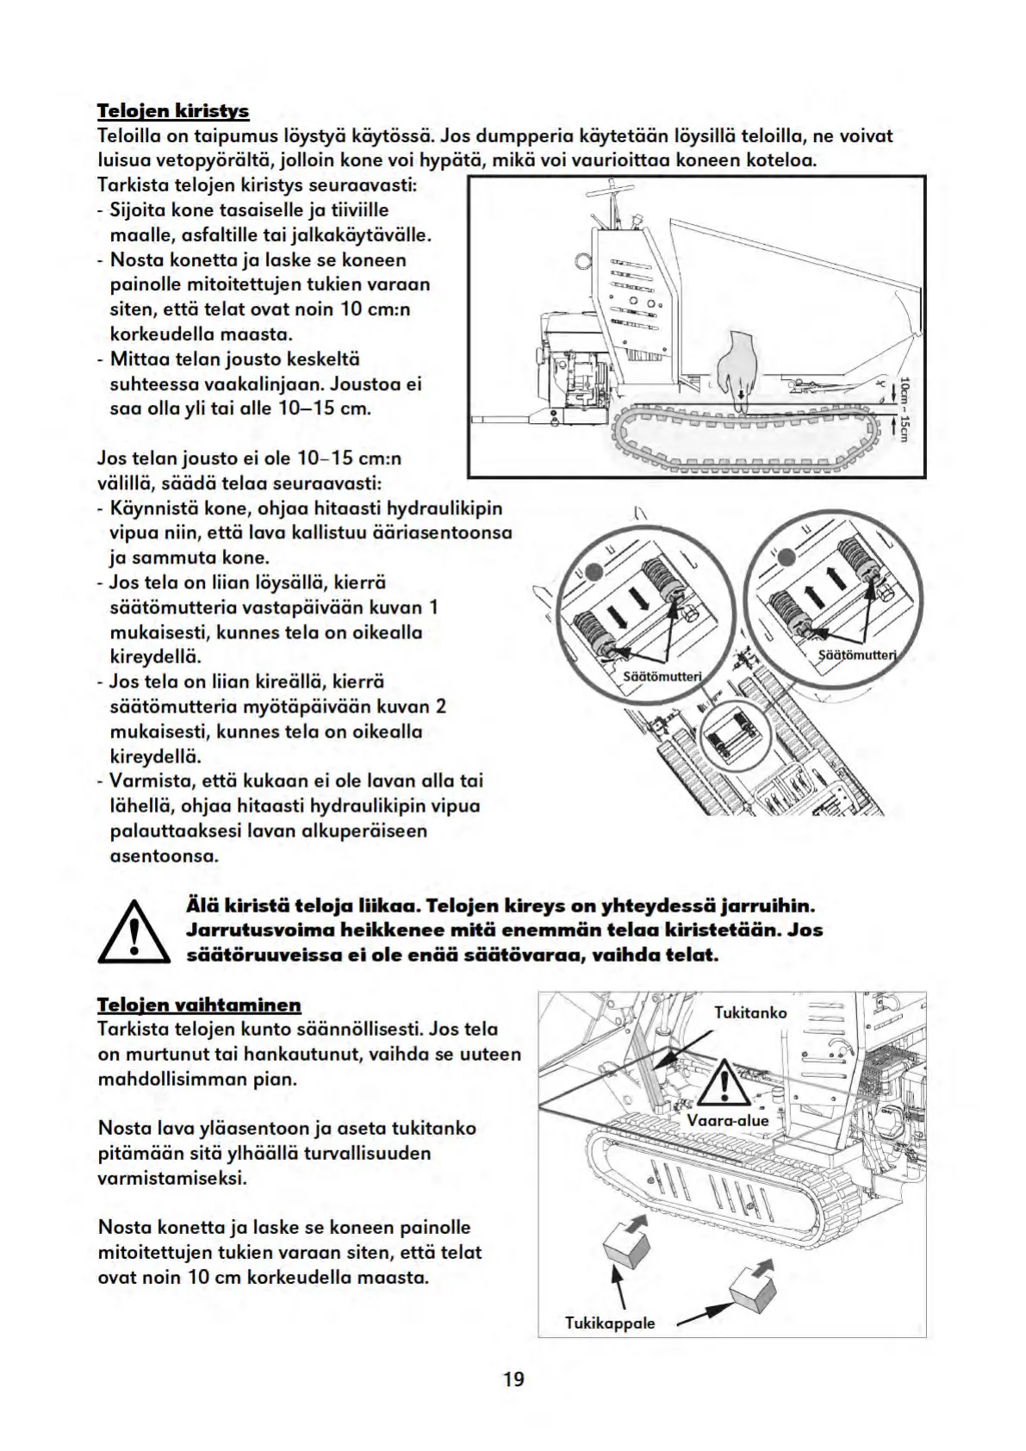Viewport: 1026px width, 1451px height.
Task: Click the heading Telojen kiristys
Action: [172, 111]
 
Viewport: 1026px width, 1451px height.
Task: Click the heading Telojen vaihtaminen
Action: [199, 1005]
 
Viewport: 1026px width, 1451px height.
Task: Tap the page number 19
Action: [513, 1379]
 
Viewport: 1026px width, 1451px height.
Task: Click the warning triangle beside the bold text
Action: [133, 931]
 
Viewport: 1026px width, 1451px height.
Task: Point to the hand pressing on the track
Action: [737, 367]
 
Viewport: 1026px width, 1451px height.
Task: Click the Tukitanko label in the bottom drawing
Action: [750, 1012]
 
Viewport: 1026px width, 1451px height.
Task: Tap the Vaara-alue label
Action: [728, 1120]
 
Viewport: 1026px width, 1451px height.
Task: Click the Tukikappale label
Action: [610, 1323]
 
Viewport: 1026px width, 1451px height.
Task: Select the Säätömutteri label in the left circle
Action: [662, 676]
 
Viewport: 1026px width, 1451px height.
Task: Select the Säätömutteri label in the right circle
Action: [856, 655]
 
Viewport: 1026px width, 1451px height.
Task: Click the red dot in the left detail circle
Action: [592, 569]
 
